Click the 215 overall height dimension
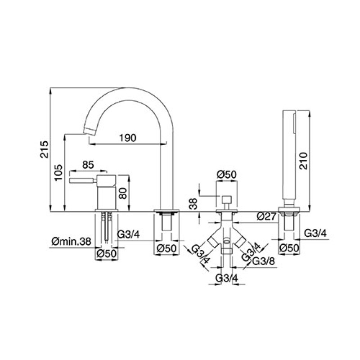pos(44,149)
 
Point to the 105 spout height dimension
pos(58,172)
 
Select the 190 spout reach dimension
pos(128,138)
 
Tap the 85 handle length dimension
pos(88,165)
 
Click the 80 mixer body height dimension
pos(123,193)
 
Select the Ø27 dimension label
pos(266,216)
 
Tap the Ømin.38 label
pos(71,242)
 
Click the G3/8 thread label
pos(263,261)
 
